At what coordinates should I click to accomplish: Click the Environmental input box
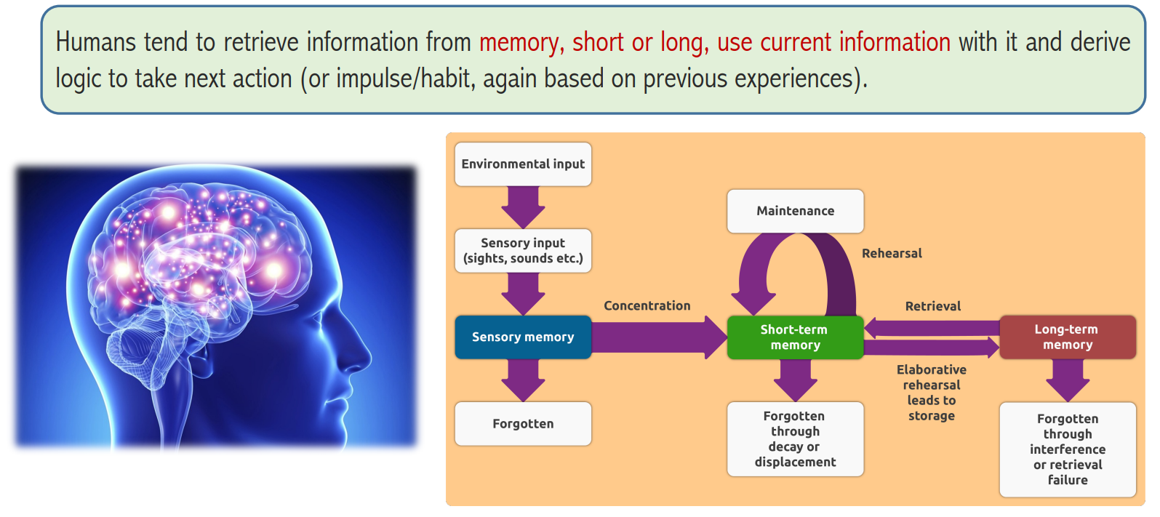point(523,164)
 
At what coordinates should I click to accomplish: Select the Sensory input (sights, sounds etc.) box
point(523,250)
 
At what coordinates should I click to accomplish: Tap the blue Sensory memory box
point(523,337)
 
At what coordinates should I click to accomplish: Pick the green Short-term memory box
point(796,337)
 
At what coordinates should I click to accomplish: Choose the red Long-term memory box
point(1068,337)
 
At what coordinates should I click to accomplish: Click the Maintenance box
point(796,211)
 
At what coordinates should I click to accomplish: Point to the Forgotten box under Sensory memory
point(523,424)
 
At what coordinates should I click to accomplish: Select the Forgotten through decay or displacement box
point(796,439)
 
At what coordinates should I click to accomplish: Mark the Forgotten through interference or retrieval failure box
point(1068,449)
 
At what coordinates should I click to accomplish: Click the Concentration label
point(647,306)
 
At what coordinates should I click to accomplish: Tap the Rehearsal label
point(892,253)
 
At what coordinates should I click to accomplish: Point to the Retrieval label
point(932,306)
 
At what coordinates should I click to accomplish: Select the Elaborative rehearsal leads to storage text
point(932,392)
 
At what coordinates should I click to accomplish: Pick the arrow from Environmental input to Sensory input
point(523,207)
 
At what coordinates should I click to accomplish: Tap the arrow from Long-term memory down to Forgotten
point(1068,380)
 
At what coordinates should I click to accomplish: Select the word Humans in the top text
point(96,41)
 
